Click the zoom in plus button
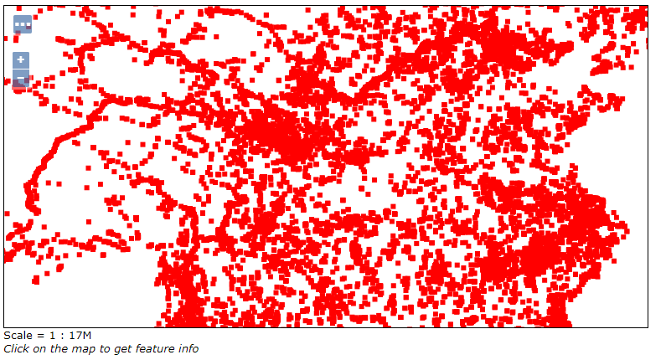tap(21, 60)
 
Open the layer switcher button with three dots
tap(23, 25)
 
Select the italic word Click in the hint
tap(17, 348)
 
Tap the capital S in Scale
tap(8, 336)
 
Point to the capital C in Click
tap(8, 348)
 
